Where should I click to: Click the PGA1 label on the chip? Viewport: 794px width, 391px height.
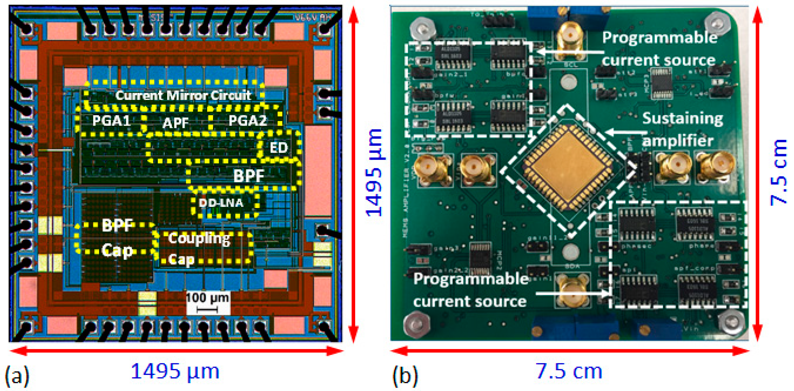click(x=111, y=120)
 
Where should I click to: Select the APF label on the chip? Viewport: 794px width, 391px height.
click(x=175, y=123)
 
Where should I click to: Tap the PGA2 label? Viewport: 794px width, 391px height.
click(x=247, y=120)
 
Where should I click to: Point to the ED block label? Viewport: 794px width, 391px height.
click(x=279, y=148)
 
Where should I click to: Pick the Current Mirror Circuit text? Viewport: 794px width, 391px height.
click(x=183, y=96)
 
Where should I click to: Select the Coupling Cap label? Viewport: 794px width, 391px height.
click(x=199, y=249)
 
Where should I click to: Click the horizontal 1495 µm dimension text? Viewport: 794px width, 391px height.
click(x=175, y=371)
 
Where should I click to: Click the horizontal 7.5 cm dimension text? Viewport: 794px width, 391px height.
click(x=569, y=371)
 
